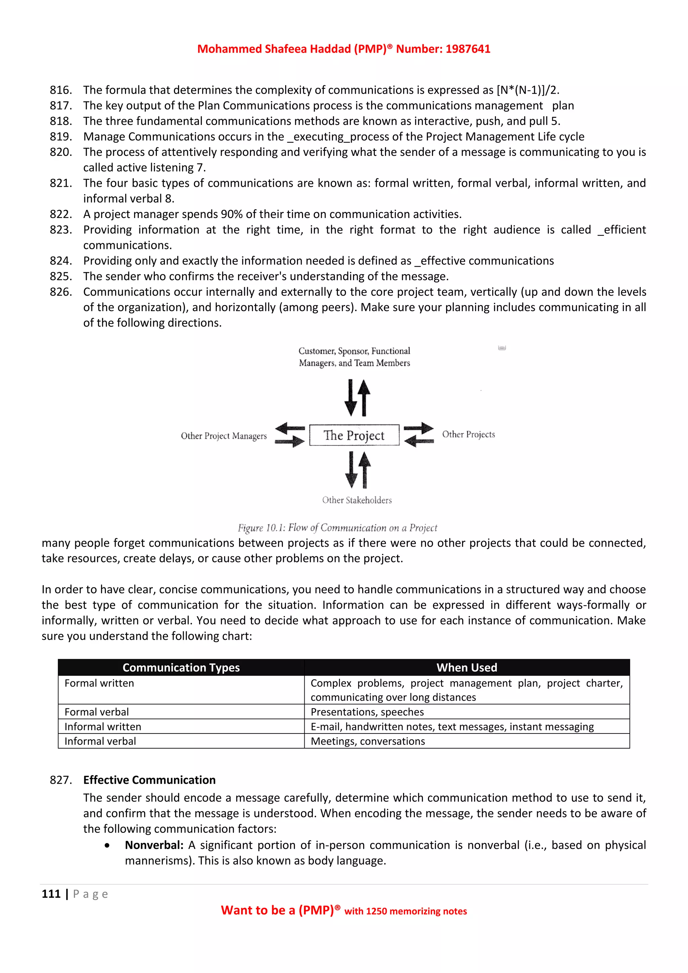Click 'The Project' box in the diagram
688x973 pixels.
click(354, 435)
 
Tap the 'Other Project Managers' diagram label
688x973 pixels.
click(224, 436)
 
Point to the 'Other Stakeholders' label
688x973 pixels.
click(357, 500)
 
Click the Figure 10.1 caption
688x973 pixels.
click(337, 527)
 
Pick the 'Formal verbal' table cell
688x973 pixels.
click(97, 712)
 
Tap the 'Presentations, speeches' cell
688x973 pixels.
click(367, 712)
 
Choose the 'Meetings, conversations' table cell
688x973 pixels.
click(368, 741)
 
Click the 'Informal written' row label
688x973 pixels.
click(102, 727)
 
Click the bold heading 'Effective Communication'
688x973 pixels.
click(149, 780)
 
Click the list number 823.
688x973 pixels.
click(60, 230)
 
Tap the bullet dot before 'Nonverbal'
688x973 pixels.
click(107, 845)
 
